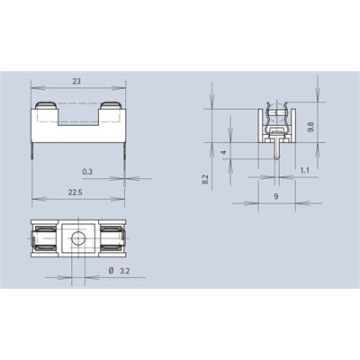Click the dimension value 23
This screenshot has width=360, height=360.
coord(76,81)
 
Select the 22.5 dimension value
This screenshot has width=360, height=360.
coord(75,193)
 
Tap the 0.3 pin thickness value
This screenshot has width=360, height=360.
coord(87,172)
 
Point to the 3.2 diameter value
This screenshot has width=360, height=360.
coord(125,271)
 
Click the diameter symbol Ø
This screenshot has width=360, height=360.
coord(111,271)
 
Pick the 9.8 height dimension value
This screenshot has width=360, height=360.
coord(310,127)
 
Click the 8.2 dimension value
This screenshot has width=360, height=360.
coord(205,179)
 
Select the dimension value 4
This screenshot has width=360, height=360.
coord(223,153)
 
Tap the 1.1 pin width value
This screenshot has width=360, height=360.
coord(304,170)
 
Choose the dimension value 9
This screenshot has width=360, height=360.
coord(276,196)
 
